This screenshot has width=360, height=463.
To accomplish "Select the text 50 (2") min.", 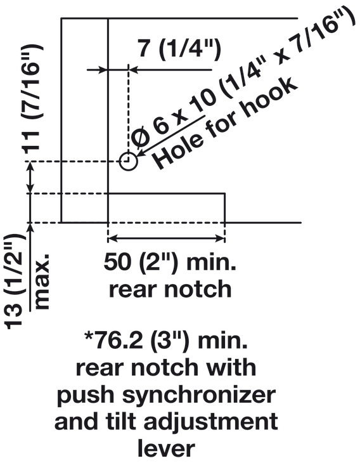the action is click(170, 261).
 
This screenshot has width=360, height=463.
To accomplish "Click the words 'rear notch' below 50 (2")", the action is click(170, 289).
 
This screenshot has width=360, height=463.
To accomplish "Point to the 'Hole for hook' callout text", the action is click(226, 123).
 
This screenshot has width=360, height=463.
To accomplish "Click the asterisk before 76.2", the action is click(89, 336).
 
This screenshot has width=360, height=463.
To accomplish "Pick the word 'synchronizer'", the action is click(200, 396).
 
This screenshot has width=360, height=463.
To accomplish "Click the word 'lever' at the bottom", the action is click(167, 448).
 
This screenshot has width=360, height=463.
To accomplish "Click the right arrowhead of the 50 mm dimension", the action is click(220, 238).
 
